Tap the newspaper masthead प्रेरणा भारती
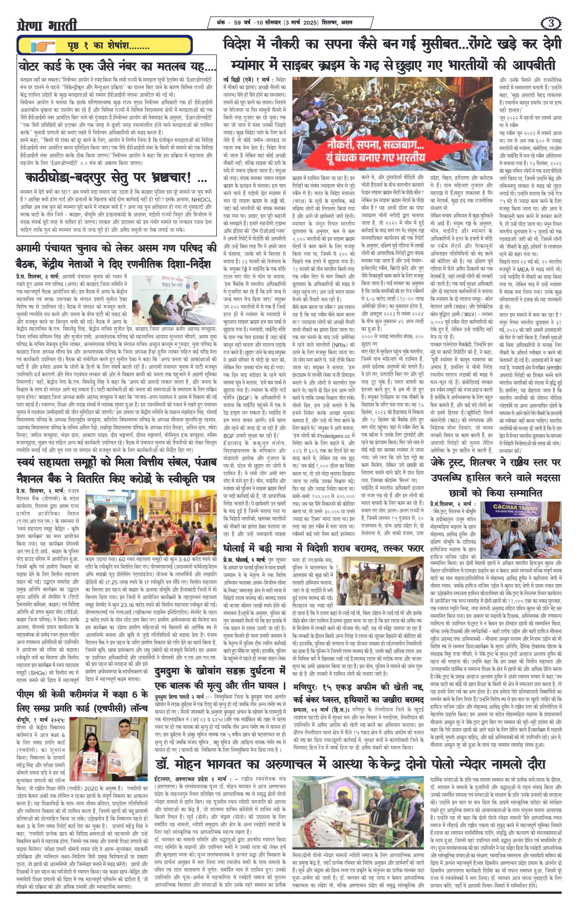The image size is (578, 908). tap(48, 25)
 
